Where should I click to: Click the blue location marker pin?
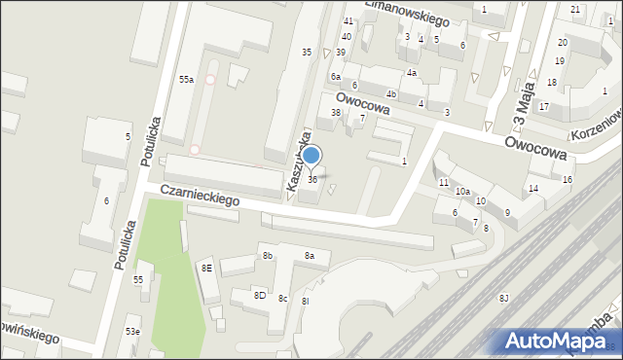click(x=311, y=156)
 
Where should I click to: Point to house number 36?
click(x=312, y=180)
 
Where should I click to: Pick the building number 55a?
click(x=185, y=80)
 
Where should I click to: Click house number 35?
click(x=307, y=52)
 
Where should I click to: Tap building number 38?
click(x=336, y=113)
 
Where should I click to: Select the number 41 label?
click(x=348, y=21)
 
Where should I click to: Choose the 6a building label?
click(x=335, y=77)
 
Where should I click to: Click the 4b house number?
click(x=391, y=94)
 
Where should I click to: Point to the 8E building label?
click(x=206, y=268)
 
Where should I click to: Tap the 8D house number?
click(x=260, y=295)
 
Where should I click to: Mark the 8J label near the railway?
click(x=503, y=298)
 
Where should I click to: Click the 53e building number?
click(x=131, y=332)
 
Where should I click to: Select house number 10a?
click(x=462, y=192)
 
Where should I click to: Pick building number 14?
click(x=533, y=189)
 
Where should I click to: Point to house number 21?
click(x=575, y=10)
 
